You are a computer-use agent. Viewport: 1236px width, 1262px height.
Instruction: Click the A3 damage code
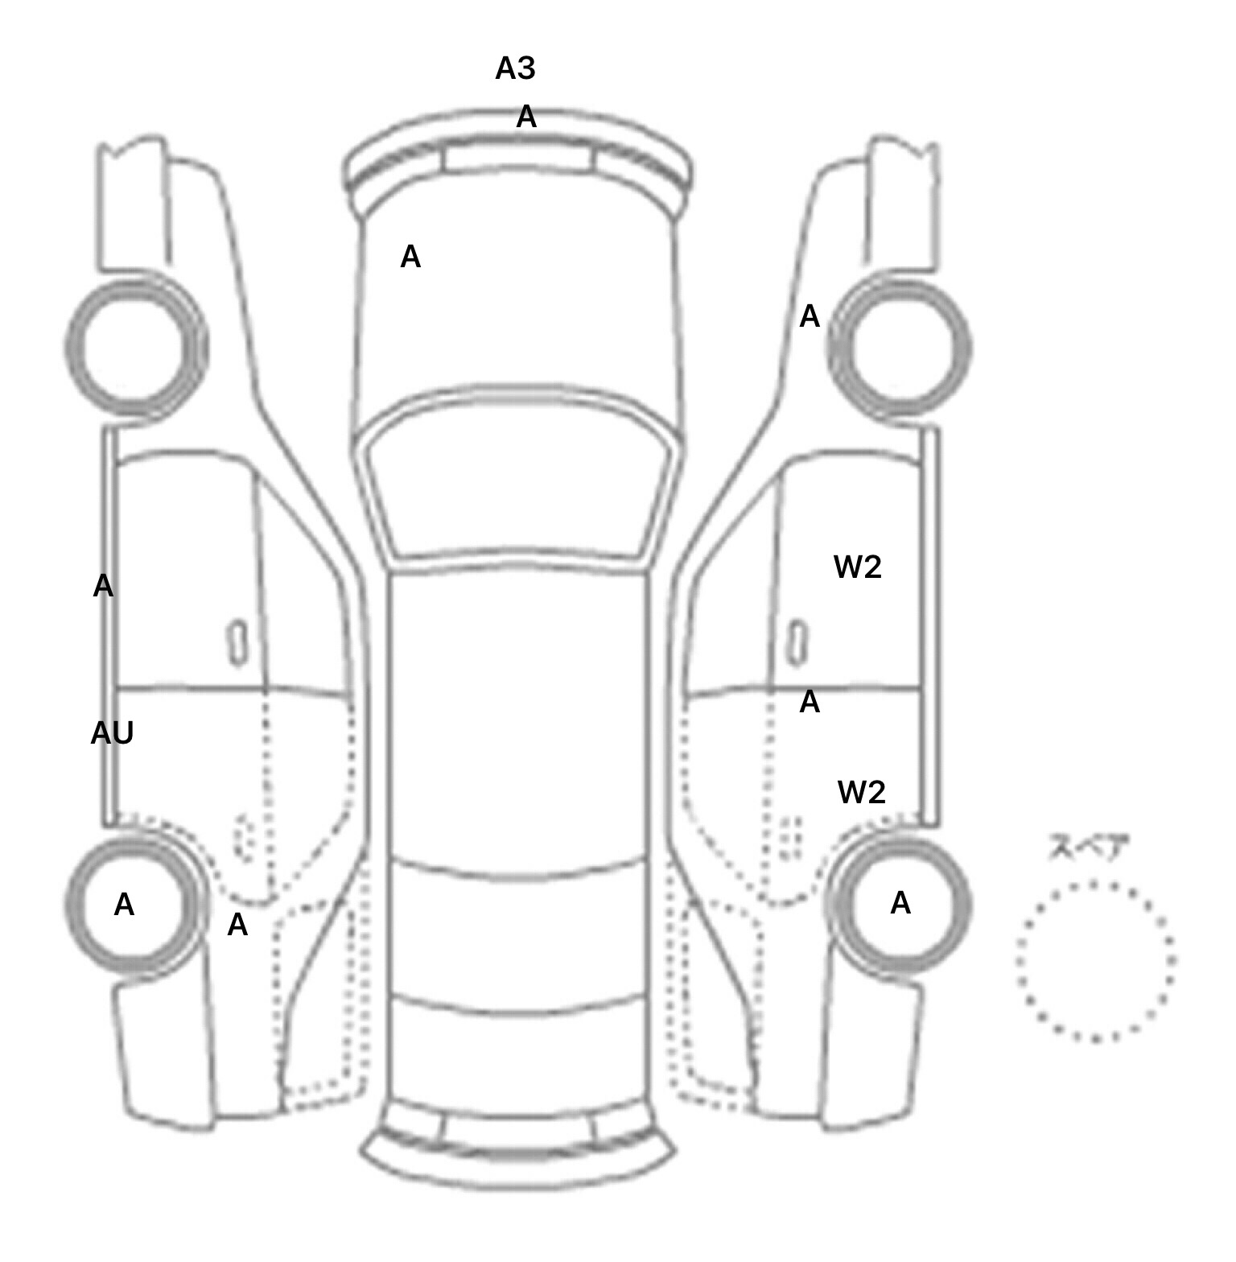515,69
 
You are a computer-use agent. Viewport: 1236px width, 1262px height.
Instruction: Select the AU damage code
112,733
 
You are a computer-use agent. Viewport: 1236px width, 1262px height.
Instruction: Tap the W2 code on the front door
858,567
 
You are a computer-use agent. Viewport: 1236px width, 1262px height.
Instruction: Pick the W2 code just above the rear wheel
861,793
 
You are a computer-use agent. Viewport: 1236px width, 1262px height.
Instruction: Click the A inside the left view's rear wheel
124,905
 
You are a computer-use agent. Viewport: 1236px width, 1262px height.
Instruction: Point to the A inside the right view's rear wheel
900,904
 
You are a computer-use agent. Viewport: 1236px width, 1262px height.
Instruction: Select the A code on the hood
410,258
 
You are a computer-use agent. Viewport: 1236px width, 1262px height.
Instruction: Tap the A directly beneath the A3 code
525,118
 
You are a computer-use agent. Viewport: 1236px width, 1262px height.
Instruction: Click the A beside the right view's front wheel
810,317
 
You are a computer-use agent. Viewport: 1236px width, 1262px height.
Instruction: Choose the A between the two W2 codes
810,703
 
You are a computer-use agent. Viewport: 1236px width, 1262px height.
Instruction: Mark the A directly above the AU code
103,587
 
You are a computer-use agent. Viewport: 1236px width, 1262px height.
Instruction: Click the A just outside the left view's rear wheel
237,926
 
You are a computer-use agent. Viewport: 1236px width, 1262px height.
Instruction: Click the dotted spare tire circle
1095,961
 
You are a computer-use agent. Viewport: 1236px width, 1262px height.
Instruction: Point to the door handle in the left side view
237,643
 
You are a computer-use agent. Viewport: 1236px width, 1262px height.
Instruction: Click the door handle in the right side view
797,643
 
